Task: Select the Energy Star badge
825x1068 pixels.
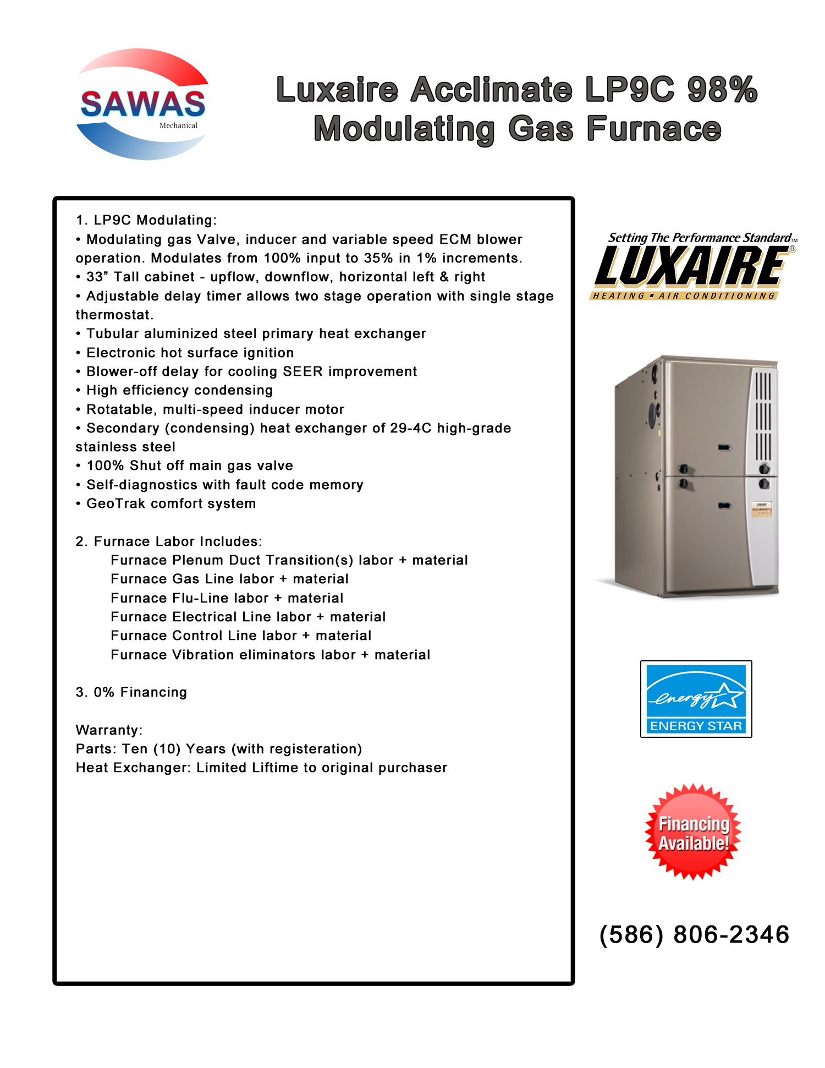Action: pyautogui.click(x=696, y=699)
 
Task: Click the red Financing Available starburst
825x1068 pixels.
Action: pyautogui.click(x=693, y=833)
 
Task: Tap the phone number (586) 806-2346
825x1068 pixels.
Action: pyautogui.click(x=694, y=935)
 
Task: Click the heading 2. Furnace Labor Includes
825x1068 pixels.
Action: pyautogui.click(x=169, y=541)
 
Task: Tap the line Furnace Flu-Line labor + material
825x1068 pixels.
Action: pyautogui.click(x=227, y=598)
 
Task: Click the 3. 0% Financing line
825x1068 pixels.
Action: pyautogui.click(x=131, y=692)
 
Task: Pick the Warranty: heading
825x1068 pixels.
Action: pyautogui.click(x=109, y=730)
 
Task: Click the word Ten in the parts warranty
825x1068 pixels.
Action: pyautogui.click(x=135, y=749)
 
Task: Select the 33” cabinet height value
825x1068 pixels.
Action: pyautogui.click(x=97, y=277)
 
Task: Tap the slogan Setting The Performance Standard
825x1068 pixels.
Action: pyautogui.click(x=699, y=238)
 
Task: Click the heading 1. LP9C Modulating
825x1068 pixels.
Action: pyautogui.click(x=146, y=220)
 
